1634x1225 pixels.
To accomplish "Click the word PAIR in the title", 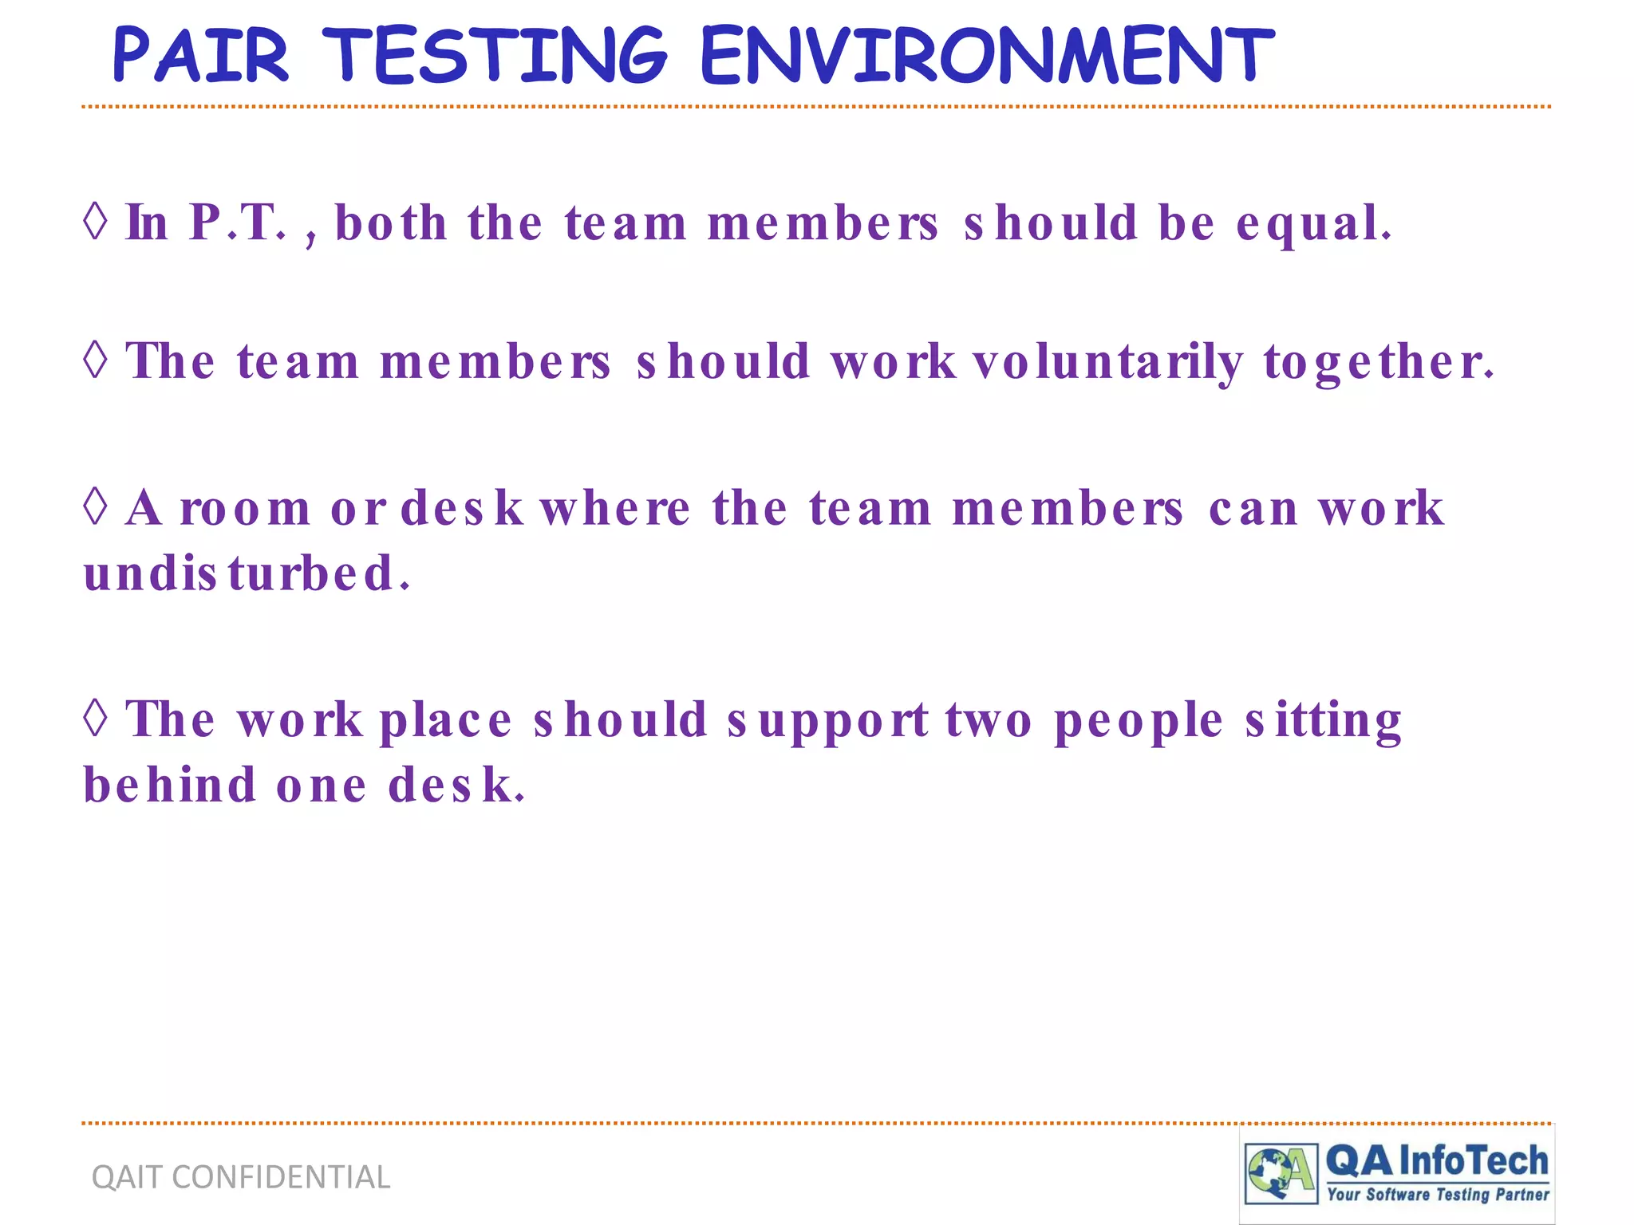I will (200, 55).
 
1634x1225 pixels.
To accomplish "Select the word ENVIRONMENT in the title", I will (987, 55).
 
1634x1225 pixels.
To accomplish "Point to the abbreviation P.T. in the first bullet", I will (237, 223).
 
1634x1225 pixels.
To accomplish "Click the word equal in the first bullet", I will (1313, 224).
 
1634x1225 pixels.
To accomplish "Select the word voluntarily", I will (1107, 362).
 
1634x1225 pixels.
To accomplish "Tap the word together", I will (1378, 362).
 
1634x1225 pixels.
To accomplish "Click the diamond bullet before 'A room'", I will (96, 506).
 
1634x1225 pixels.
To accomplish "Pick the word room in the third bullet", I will (245, 509).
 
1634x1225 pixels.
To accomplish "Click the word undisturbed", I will (247, 573).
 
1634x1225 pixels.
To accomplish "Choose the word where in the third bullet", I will (615, 508).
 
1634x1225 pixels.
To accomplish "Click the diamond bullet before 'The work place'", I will (96, 718).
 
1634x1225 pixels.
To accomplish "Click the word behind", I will (170, 786).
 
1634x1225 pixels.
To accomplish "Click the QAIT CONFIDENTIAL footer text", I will (241, 1177).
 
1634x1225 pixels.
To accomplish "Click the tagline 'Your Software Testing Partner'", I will (1438, 1195).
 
